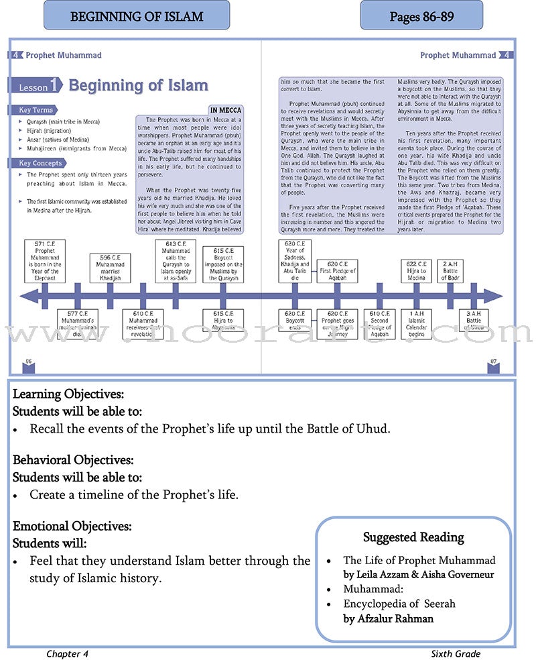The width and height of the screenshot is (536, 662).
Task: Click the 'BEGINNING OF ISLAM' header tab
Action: click(x=137, y=15)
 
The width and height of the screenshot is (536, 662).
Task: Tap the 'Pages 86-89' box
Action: click(x=421, y=15)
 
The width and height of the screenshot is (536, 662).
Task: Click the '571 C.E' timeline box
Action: click(x=45, y=260)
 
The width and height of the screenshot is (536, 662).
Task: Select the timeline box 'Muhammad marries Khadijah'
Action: click(x=110, y=268)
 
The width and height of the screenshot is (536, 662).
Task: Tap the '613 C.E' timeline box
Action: click(x=176, y=260)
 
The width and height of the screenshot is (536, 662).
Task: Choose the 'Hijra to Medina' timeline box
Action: click(x=416, y=272)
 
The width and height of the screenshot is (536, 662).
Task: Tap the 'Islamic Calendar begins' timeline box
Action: click(x=416, y=323)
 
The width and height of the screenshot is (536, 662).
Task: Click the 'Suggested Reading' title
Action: click(x=413, y=537)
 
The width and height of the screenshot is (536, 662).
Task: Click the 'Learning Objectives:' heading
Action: click(x=68, y=394)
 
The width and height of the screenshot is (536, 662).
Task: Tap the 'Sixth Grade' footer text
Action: click(x=456, y=654)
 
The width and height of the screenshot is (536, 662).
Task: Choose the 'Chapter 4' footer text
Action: click(x=67, y=654)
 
